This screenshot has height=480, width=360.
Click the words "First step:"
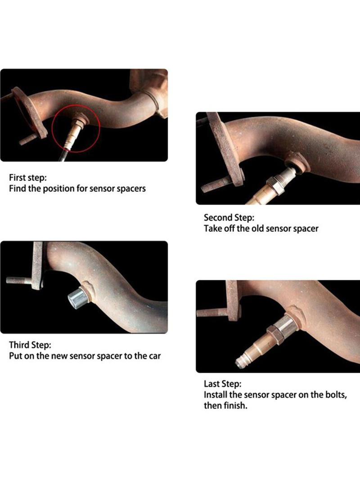click(28, 177)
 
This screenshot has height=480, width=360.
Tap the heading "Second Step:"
click(229, 217)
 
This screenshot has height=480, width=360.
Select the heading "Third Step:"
click(30, 345)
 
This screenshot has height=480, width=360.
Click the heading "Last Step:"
click(223, 384)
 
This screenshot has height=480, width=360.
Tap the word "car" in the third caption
click(155, 356)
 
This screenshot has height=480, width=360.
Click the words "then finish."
click(225, 406)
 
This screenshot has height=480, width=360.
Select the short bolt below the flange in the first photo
click(28, 139)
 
